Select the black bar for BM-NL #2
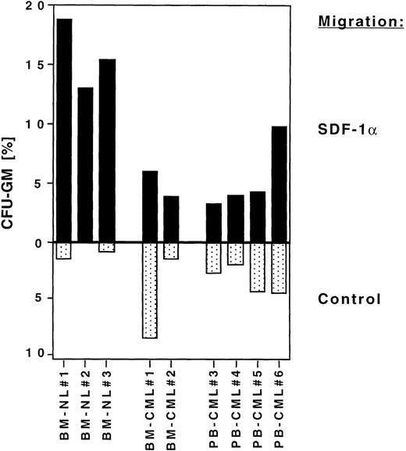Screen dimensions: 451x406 coord(86,164)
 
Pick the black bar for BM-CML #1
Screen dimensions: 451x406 coord(149,206)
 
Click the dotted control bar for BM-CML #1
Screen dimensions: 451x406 coord(149,290)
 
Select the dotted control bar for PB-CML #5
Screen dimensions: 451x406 coord(258,267)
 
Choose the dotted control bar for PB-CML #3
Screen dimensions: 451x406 coord(214,258)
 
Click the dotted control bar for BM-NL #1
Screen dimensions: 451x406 coord(64,251)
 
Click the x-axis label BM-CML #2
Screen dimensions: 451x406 coord(172,407)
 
